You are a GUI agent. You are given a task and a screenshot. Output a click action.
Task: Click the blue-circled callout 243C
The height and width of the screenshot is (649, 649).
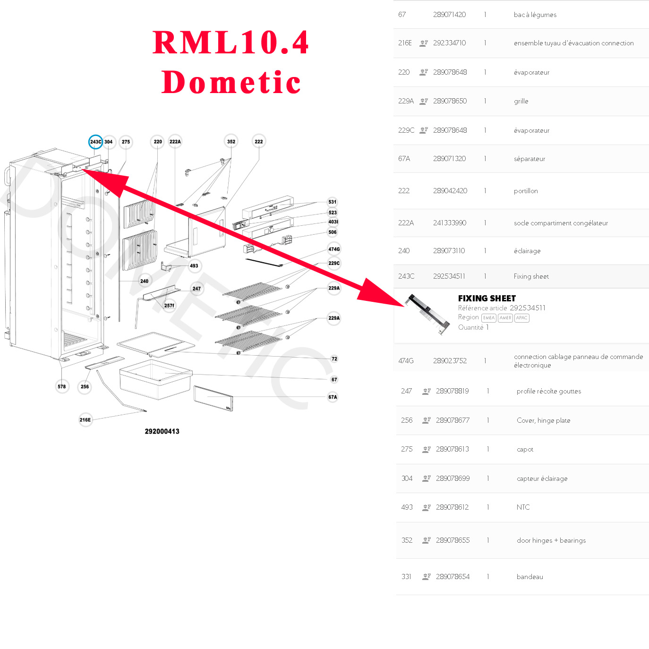[x=95, y=142]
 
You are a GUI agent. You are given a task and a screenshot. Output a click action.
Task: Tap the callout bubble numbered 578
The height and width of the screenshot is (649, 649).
[x=62, y=386]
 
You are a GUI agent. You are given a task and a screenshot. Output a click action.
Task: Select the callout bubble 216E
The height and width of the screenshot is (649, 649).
[x=85, y=419]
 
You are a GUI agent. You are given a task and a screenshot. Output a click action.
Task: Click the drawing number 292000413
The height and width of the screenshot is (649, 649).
[x=162, y=431]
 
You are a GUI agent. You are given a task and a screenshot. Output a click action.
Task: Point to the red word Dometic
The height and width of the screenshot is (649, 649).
[x=231, y=83]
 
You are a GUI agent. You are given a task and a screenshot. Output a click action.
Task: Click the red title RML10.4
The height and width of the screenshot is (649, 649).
[x=231, y=43]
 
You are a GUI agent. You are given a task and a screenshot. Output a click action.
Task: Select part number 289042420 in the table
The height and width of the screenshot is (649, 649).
[x=450, y=191]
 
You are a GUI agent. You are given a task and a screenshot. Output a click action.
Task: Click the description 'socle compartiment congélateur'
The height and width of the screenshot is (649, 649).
[x=561, y=223]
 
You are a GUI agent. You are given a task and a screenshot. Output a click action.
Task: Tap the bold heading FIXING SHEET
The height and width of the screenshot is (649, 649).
[x=487, y=298]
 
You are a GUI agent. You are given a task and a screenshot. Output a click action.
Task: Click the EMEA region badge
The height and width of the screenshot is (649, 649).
[x=488, y=318]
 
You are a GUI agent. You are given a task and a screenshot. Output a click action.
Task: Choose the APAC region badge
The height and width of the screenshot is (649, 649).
[x=521, y=318]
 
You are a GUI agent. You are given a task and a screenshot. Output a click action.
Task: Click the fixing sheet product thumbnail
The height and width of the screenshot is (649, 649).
[x=427, y=315]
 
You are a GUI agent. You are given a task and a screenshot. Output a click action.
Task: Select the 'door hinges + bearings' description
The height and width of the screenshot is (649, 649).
[x=551, y=540]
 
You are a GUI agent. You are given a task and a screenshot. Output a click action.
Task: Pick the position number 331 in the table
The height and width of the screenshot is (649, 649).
[x=406, y=577]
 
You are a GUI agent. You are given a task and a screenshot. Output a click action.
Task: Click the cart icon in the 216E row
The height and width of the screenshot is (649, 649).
[x=424, y=43]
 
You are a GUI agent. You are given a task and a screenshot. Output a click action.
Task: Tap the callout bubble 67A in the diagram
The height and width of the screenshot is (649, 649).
[x=333, y=397]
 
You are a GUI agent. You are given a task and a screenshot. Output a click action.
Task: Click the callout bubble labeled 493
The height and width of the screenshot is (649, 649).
[x=194, y=265]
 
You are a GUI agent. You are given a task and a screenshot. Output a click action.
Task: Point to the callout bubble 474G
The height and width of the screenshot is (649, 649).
[x=334, y=249]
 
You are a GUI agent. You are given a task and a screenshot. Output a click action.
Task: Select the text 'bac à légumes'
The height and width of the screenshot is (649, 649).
[x=535, y=15]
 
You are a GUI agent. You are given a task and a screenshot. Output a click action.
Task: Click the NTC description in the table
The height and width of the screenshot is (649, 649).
[x=523, y=507]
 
